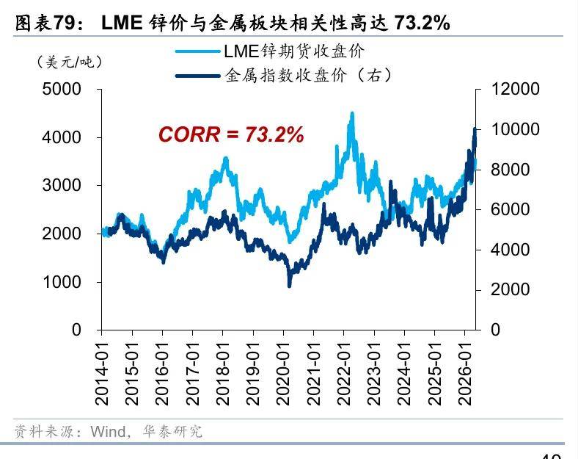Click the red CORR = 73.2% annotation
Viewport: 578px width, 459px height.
tap(231, 134)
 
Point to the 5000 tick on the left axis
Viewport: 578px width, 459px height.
tap(62, 90)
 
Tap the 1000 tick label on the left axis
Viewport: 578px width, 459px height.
tap(62, 282)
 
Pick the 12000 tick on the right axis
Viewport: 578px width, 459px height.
tap(515, 90)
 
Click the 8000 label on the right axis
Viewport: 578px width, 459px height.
tap(511, 170)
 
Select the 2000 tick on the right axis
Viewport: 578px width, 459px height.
tap(511, 289)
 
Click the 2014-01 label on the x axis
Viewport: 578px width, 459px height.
tap(102, 373)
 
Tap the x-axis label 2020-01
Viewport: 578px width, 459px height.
tap(283, 373)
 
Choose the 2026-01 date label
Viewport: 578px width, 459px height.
tap(464, 373)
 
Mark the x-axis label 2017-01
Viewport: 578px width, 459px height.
tap(193, 373)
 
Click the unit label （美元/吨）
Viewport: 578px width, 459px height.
tap(69, 62)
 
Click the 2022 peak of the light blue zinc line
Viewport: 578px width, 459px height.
tap(352, 113)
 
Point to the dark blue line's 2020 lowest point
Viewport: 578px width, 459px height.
tap(290, 286)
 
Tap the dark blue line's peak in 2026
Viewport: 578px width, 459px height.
tap(475, 129)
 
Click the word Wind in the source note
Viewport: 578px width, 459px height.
tap(108, 431)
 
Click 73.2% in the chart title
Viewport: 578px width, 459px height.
tap(422, 24)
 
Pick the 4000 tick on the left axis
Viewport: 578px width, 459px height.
tap(62, 137)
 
